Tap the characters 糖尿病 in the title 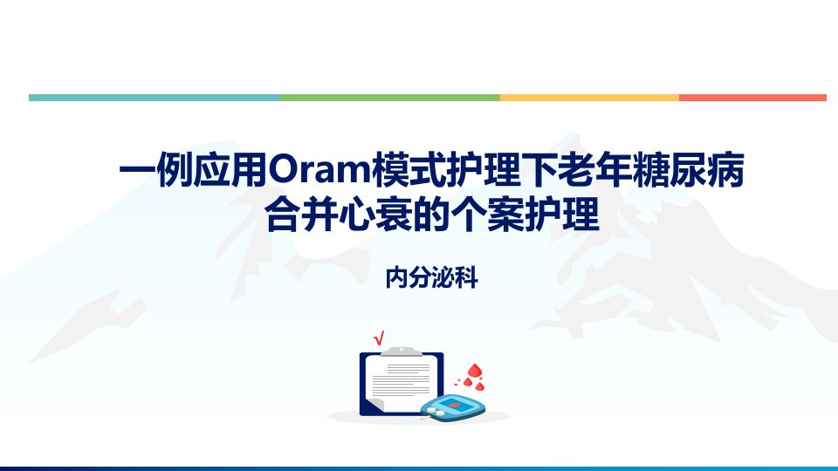click(x=689, y=170)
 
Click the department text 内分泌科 click(x=432, y=277)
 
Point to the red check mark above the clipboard click(x=379, y=338)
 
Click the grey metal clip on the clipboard click(x=402, y=352)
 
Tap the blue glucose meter click(x=453, y=408)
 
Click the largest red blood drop click(x=475, y=371)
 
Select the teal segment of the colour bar click(x=155, y=98)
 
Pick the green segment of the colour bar click(x=390, y=98)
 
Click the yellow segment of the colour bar click(x=589, y=98)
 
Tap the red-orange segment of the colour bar click(x=753, y=98)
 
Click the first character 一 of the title click(x=137, y=170)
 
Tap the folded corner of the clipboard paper click(x=375, y=406)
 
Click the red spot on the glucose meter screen click(x=454, y=405)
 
